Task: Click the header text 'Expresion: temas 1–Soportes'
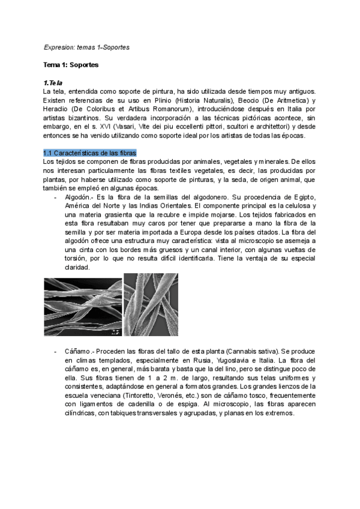(x=86, y=46)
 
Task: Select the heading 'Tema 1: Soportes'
(x=71, y=64)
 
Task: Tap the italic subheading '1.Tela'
(x=53, y=82)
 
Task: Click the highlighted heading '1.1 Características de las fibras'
(x=90, y=153)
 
